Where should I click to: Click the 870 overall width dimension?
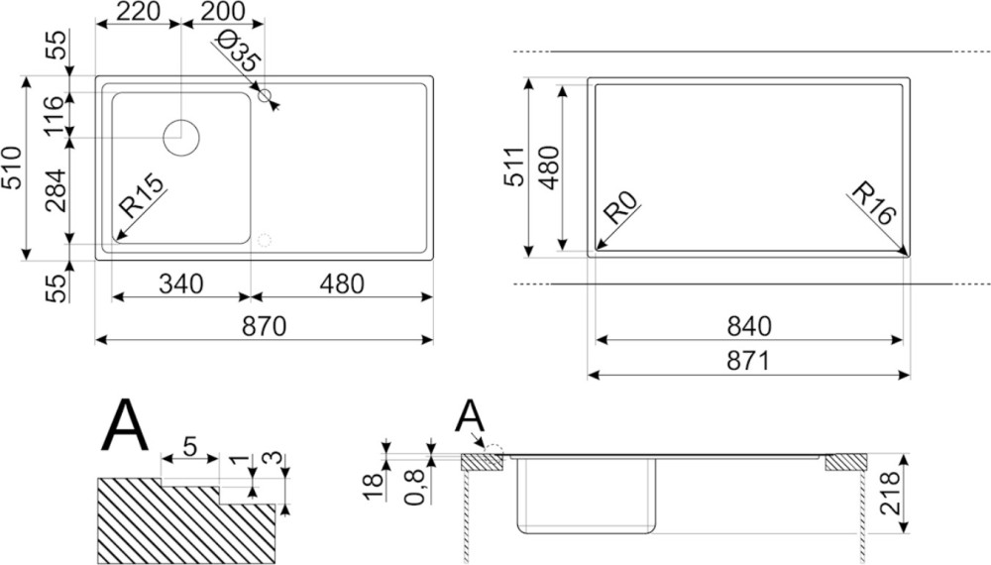265,327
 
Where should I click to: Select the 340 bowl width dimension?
181,284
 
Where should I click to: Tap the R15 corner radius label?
142,196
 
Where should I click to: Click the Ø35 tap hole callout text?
237,52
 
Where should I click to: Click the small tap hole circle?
266,95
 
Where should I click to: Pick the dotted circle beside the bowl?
265,241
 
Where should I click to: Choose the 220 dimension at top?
139,11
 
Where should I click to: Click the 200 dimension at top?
222,11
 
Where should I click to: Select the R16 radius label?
874,203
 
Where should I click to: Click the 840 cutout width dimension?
749,327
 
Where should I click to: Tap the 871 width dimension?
749,362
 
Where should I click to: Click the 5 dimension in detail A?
189,447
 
